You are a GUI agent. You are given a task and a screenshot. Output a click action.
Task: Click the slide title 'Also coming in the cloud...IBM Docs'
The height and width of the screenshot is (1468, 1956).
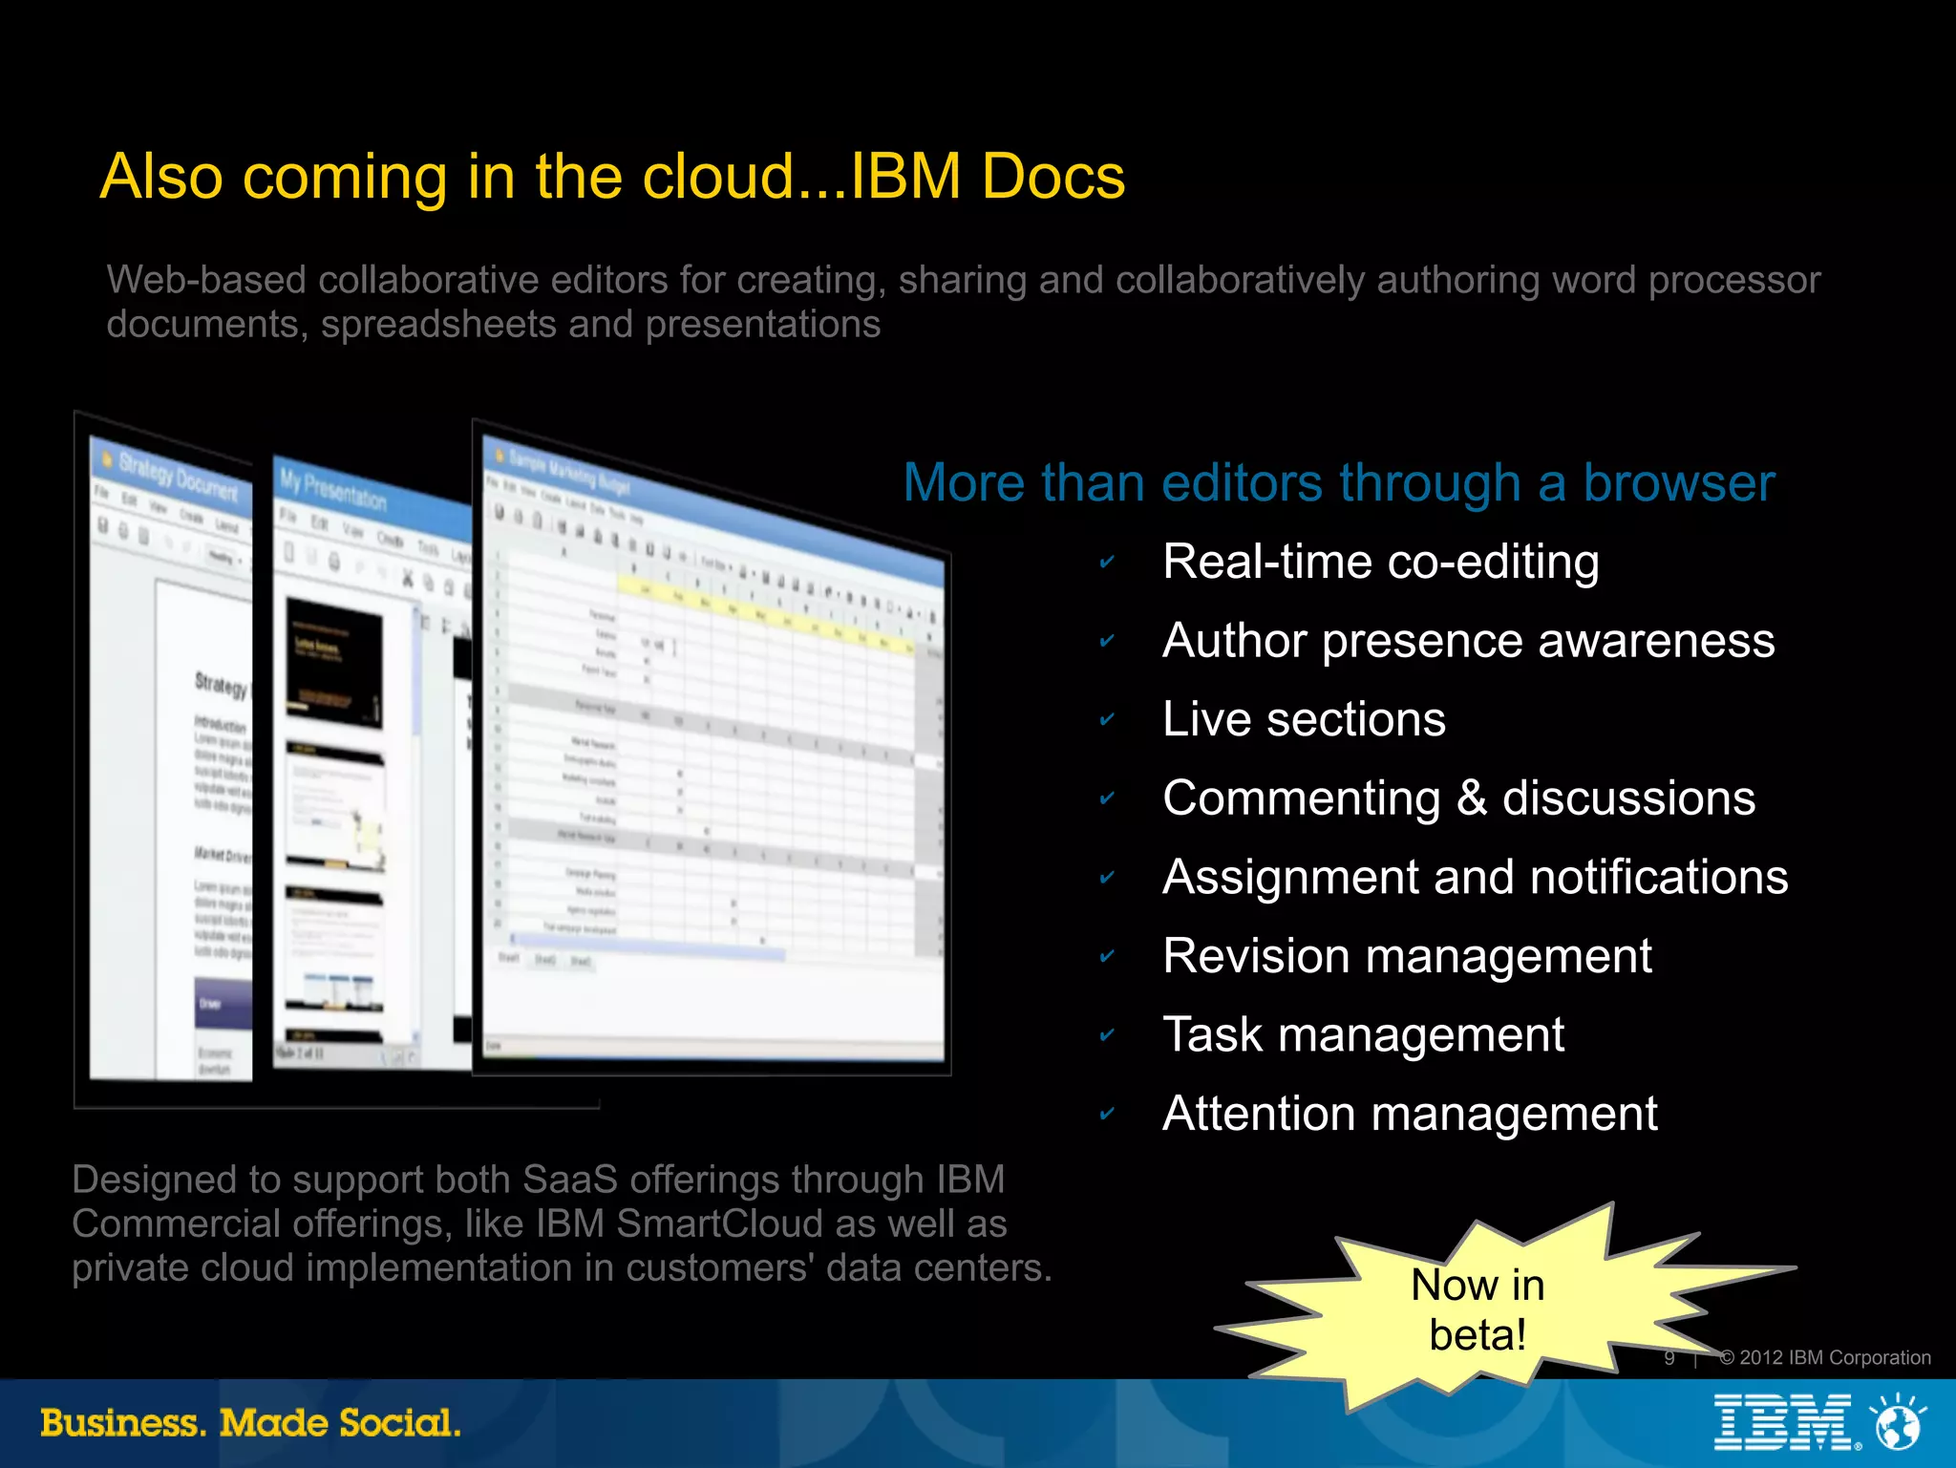pos(612,178)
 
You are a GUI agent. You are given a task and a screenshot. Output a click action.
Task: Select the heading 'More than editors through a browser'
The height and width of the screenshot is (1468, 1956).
pos(1338,483)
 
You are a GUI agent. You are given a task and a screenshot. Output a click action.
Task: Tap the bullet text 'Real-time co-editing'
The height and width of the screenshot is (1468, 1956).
pos(1380,562)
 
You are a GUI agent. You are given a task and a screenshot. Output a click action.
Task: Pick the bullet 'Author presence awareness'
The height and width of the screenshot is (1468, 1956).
pos(1468,641)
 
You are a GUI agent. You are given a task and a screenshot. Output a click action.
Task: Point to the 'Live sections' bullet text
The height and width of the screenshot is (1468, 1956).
pos(1304,719)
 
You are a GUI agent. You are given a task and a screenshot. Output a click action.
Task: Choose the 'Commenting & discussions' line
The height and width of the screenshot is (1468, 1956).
pos(1458,798)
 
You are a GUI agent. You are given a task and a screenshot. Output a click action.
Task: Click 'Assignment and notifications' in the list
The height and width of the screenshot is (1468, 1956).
pos(1475,877)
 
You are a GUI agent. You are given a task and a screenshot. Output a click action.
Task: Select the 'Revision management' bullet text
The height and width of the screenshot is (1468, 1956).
pos(1407,956)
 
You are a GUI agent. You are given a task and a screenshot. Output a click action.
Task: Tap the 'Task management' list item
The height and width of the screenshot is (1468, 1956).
pos(1363,1034)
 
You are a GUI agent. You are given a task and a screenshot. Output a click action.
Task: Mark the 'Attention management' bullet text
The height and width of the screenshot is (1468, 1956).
pos(1410,1114)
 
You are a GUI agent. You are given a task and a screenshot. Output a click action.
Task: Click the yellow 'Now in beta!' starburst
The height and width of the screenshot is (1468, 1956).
pos(1477,1309)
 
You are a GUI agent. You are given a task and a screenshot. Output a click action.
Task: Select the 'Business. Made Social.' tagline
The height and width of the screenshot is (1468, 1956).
pos(250,1423)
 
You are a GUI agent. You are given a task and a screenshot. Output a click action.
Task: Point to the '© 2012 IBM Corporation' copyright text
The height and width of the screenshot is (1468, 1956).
pos(1824,1357)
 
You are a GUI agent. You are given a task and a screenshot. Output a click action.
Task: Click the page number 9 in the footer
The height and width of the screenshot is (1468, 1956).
pos(1669,1358)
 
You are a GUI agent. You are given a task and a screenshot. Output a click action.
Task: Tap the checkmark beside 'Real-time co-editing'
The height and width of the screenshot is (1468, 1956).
pos(1107,562)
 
